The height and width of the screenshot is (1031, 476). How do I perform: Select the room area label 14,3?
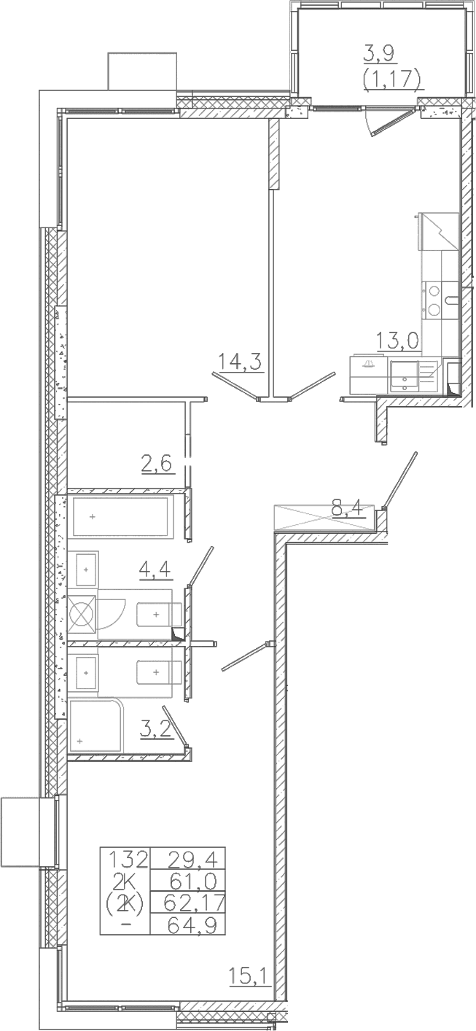[x=240, y=362]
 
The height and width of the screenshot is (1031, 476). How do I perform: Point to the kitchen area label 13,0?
[x=398, y=341]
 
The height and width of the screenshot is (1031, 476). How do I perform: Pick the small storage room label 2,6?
[x=157, y=462]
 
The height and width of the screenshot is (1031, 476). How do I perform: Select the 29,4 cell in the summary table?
[x=188, y=858]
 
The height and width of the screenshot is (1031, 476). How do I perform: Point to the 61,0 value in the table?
[x=193, y=882]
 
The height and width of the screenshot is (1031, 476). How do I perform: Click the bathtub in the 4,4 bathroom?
[x=122, y=516]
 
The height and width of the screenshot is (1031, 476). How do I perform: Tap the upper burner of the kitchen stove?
[x=433, y=290]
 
